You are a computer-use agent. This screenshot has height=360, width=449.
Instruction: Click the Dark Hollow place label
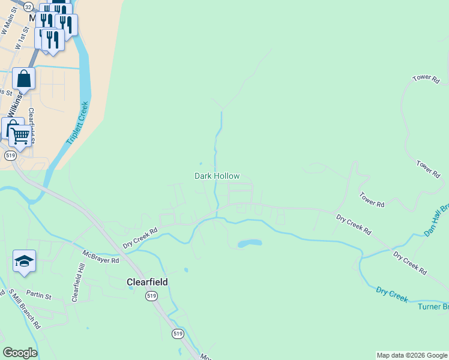[x=217, y=176]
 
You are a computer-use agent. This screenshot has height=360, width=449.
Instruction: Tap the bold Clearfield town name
[x=146, y=281]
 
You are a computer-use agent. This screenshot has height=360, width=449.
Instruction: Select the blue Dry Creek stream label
[x=392, y=295]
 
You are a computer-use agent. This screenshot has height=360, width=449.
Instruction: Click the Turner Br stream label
[x=433, y=307]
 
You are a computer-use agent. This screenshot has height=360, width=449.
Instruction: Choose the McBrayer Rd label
[x=101, y=256]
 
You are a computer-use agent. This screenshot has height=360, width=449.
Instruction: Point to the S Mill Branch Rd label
[x=24, y=309]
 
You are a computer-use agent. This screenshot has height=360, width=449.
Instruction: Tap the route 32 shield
[x=28, y=5]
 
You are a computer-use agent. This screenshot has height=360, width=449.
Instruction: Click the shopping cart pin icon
[x=20, y=136]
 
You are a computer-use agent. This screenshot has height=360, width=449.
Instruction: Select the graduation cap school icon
[x=24, y=261]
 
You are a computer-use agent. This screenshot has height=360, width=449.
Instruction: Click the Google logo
[x=20, y=353]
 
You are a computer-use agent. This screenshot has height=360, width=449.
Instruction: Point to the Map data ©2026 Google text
[x=411, y=355]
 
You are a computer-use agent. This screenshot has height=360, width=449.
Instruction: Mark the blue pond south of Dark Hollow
[x=250, y=244]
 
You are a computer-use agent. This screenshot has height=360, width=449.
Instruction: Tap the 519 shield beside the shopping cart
[x=10, y=155]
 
